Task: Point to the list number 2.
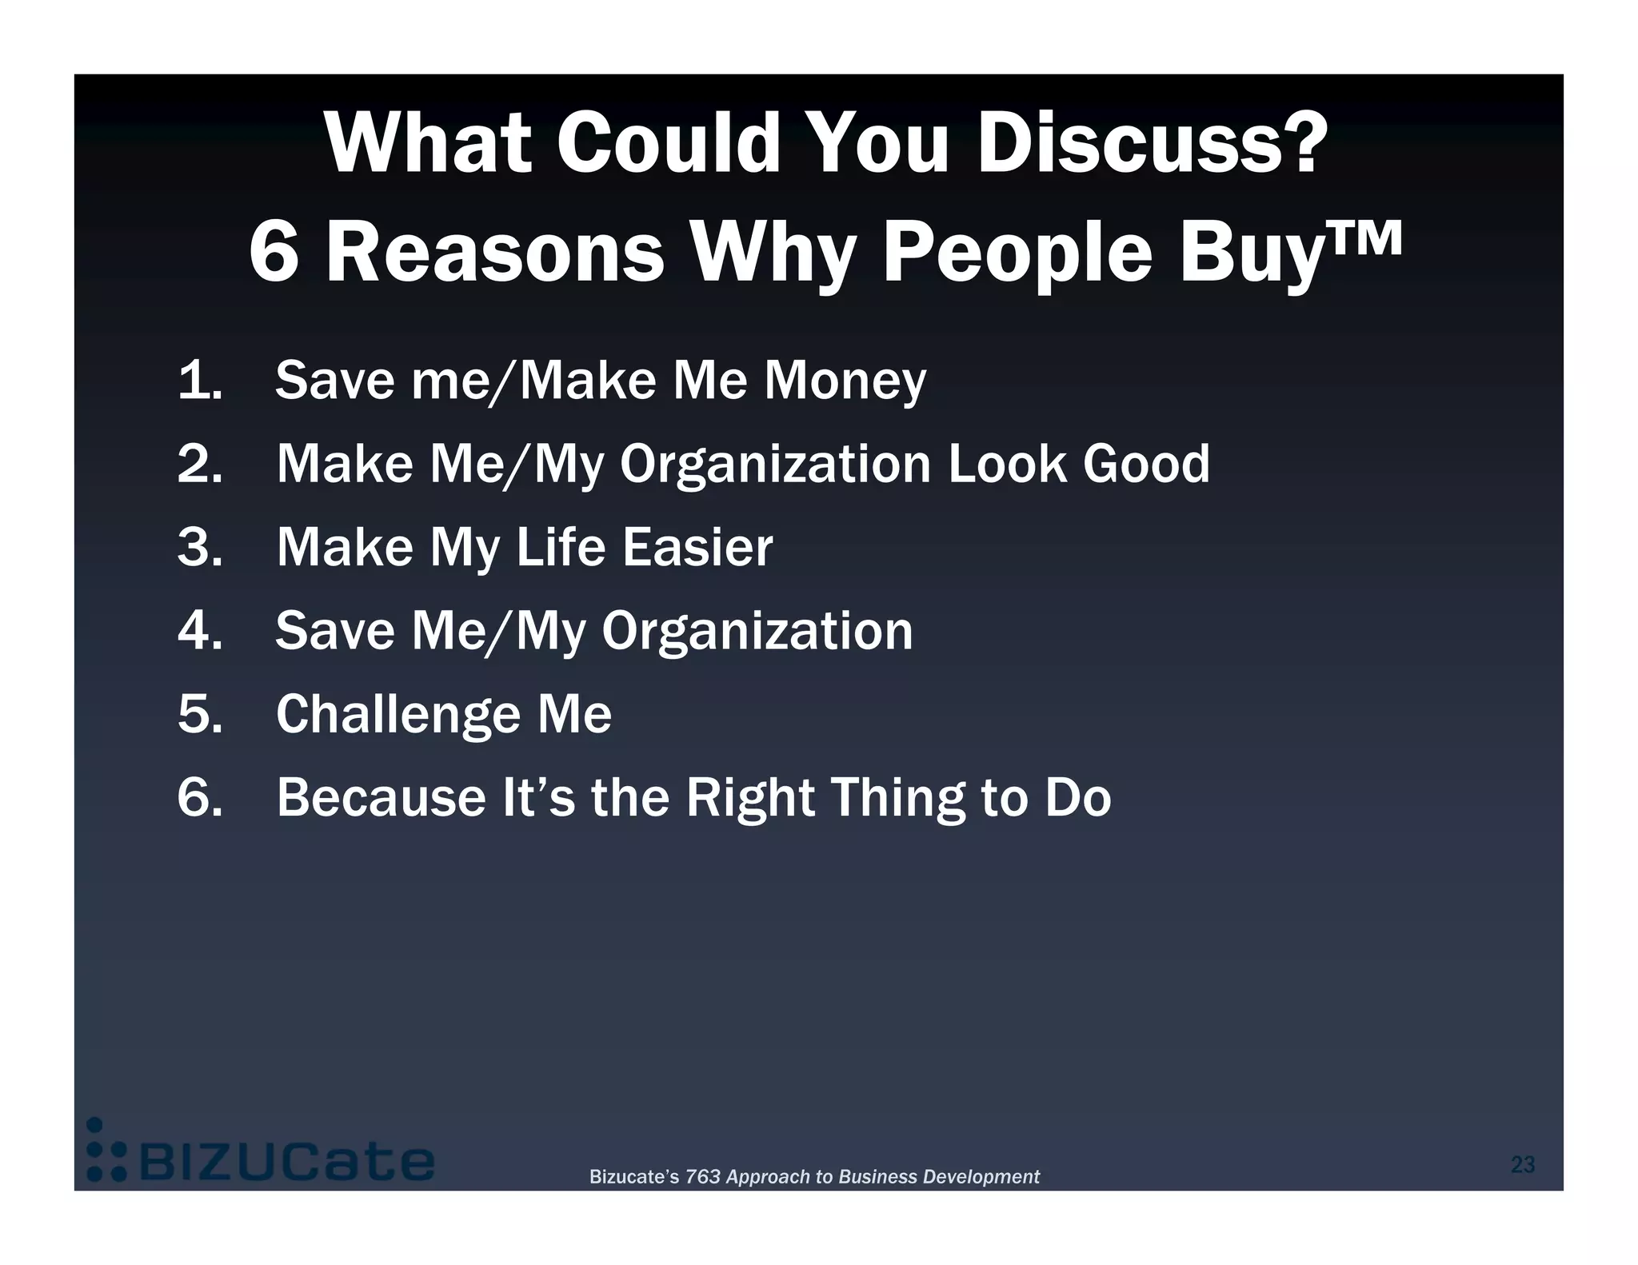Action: pos(199,465)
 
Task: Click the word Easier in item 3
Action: pos(697,548)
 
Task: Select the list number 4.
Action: pos(199,631)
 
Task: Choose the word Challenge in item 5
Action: pos(398,715)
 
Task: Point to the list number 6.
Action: pos(199,797)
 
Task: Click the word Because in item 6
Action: pos(381,797)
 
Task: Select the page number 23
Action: pos(1522,1165)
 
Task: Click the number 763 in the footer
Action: pos(702,1177)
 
